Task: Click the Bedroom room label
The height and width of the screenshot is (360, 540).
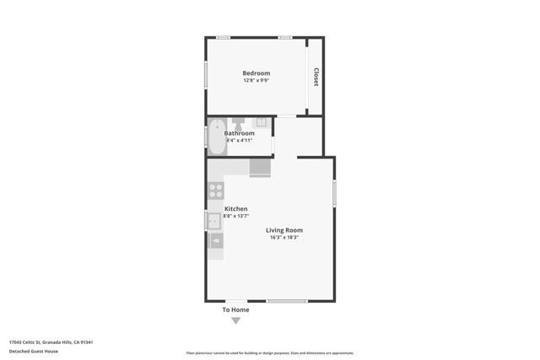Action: (x=256, y=73)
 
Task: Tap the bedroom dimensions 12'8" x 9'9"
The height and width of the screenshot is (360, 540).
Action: (x=256, y=81)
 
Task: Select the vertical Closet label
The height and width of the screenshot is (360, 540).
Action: (x=316, y=77)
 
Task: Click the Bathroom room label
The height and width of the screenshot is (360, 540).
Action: (x=239, y=133)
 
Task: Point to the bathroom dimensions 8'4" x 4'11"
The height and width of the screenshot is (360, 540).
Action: (x=239, y=140)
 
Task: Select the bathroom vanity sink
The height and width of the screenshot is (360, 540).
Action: (x=262, y=123)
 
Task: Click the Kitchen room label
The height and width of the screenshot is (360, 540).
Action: (x=235, y=209)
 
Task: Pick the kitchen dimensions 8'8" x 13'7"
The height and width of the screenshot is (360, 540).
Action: (x=235, y=217)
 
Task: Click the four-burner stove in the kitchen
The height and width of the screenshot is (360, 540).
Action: (x=215, y=191)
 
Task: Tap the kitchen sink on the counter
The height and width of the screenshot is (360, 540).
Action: (x=213, y=222)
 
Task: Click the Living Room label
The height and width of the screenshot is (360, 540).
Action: (x=284, y=230)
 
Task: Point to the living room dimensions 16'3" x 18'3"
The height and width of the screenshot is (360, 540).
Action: (x=284, y=238)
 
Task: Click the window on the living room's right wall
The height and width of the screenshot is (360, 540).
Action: (x=334, y=193)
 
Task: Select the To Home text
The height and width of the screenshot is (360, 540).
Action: (x=235, y=309)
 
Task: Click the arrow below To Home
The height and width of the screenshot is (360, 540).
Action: (x=235, y=320)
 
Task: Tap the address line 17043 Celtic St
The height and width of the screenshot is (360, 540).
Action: (x=50, y=341)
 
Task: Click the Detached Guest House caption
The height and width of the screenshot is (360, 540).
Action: (x=33, y=351)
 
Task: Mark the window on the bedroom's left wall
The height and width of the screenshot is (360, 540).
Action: (x=206, y=73)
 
